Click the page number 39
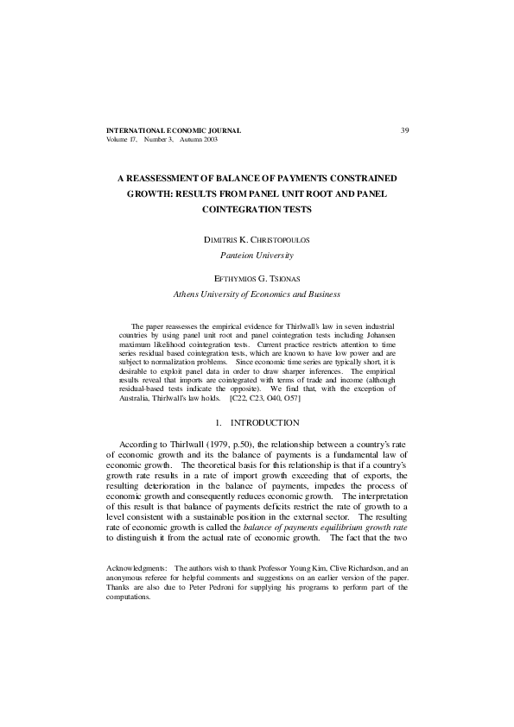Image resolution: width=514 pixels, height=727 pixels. pyautogui.click(x=404, y=130)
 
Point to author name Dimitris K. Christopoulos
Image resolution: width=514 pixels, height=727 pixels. pyautogui.click(x=257, y=240)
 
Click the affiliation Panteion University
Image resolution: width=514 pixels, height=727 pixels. pyautogui.click(x=257, y=256)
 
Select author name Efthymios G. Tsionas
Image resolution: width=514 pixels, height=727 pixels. pyautogui.click(x=257, y=278)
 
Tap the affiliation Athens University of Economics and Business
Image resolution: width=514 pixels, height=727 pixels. pyautogui.click(x=257, y=294)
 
